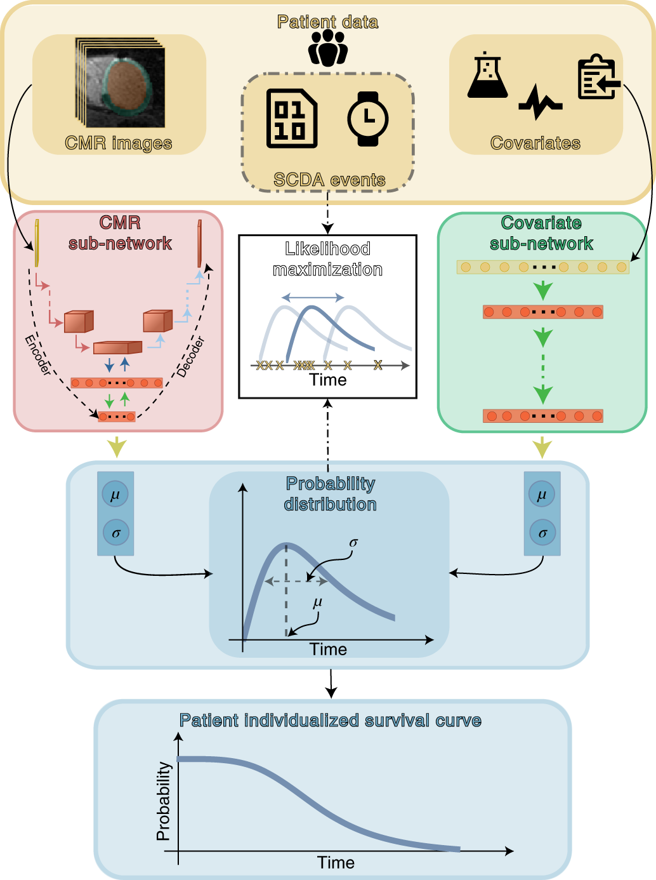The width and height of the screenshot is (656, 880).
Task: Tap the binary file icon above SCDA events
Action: click(x=291, y=119)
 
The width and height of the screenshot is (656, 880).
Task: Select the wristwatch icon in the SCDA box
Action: click(x=367, y=119)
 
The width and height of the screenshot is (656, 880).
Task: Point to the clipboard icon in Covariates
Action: click(x=598, y=78)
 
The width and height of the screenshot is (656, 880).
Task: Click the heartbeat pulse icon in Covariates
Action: click(x=540, y=102)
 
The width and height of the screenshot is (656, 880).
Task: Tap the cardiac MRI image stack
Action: click(x=121, y=83)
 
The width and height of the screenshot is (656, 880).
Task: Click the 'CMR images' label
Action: click(x=119, y=143)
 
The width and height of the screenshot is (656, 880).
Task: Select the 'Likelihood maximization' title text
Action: click(x=327, y=259)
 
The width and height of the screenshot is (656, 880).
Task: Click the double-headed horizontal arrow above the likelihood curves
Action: click(x=313, y=297)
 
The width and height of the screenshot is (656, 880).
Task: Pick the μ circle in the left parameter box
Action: click(x=115, y=495)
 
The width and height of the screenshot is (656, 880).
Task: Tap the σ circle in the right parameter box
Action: click(x=542, y=533)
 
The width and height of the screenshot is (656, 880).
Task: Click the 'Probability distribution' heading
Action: click(x=330, y=494)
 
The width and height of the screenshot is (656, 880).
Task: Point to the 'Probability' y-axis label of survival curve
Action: click(x=164, y=801)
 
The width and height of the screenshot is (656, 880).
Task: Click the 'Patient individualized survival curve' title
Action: click(x=330, y=721)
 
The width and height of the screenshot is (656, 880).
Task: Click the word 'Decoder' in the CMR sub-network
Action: click(x=190, y=357)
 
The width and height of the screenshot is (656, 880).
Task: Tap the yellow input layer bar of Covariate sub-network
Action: click(x=542, y=267)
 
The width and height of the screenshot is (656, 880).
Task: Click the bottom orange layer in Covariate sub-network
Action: click(x=542, y=417)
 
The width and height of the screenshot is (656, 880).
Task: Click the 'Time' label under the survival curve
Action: click(x=336, y=862)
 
